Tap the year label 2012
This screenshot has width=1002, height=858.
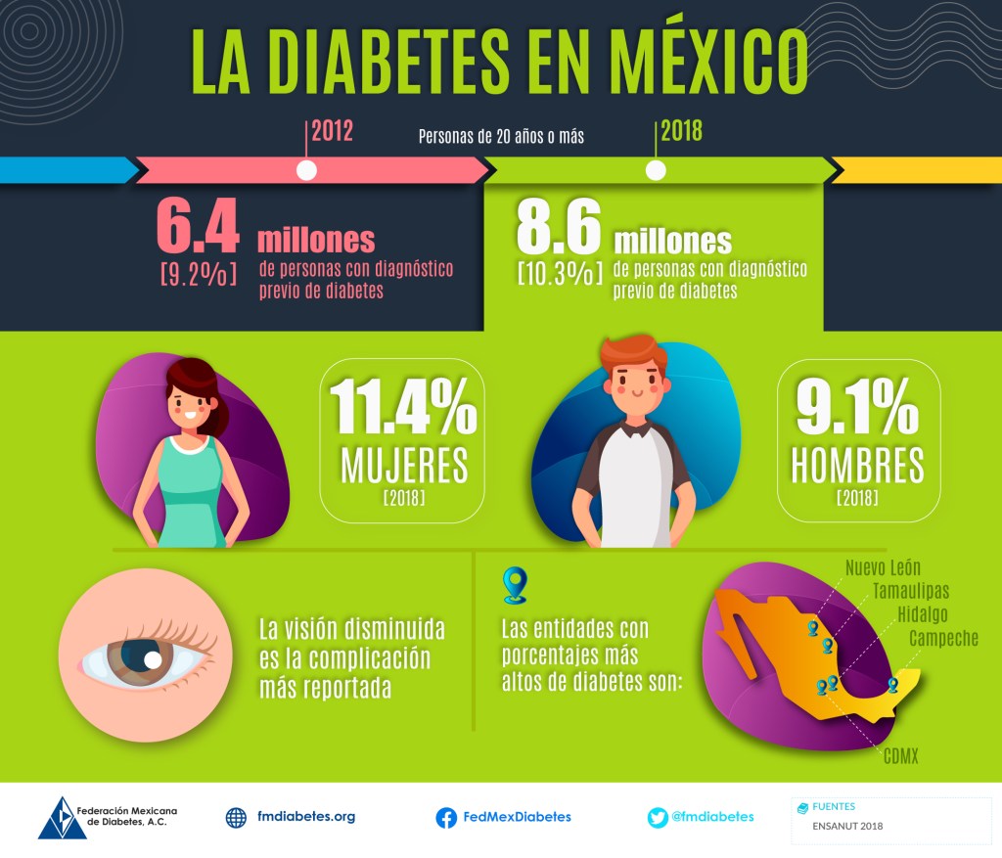click(332, 131)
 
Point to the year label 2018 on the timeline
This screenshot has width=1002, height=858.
click(681, 131)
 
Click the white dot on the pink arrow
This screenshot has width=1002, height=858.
click(306, 170)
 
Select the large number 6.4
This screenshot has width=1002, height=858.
click(198, 229)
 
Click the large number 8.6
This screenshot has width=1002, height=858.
click(558, 231)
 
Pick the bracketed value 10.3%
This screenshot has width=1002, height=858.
click(559, 272)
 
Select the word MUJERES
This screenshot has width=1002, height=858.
click(403, 467)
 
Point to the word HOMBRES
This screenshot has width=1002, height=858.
click(857, 467)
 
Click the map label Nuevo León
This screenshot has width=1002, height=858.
click(883, 567)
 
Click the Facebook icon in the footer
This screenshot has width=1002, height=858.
click(446, 818)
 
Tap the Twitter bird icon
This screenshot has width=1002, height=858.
click(658, 818)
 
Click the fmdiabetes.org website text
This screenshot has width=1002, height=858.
click(305, 817)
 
